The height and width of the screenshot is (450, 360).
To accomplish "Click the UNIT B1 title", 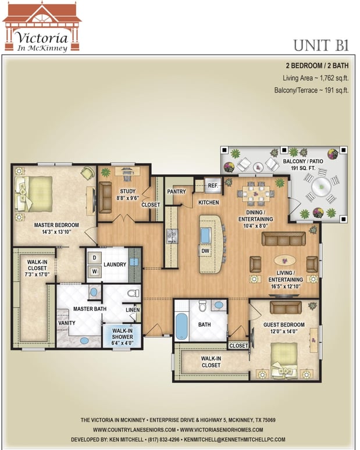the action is click(321, 45).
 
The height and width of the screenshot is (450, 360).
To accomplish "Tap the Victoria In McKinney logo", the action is click(42, 27).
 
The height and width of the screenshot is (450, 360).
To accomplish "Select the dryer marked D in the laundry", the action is click(94, 258).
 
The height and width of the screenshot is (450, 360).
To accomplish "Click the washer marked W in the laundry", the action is click(94, 271).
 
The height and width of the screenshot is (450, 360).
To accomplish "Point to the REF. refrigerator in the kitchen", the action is click(213, 185).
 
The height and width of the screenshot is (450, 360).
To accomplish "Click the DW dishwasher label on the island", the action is click(205, 251).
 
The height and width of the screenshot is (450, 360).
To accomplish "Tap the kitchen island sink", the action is click(206, 235).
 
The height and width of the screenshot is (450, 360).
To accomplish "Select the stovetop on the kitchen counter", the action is click(172, 236).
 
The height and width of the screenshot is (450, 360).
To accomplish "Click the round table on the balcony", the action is click(322, 187).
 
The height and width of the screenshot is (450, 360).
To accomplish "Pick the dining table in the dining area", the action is click(256, 194).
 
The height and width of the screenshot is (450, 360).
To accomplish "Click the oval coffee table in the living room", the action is click(285, 260).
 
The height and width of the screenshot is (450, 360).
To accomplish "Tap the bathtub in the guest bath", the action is click(181, 326).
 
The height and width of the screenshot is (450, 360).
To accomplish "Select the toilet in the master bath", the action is click(134, 293).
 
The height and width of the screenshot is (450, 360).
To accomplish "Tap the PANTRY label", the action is click(176, 191).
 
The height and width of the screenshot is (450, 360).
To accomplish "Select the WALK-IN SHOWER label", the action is click(122, 337).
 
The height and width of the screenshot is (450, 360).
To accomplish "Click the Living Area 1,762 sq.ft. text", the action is click(315, 78).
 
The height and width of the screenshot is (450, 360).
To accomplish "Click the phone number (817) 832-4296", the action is click(163, 440).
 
